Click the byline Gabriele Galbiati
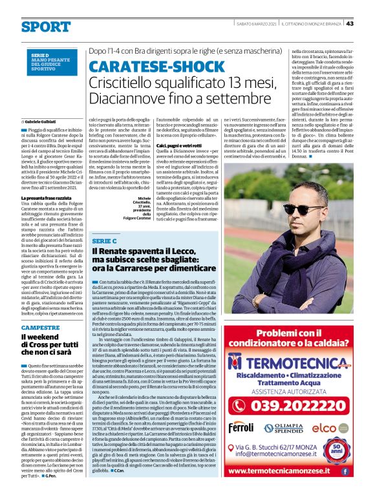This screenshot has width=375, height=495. click(40, 121)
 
